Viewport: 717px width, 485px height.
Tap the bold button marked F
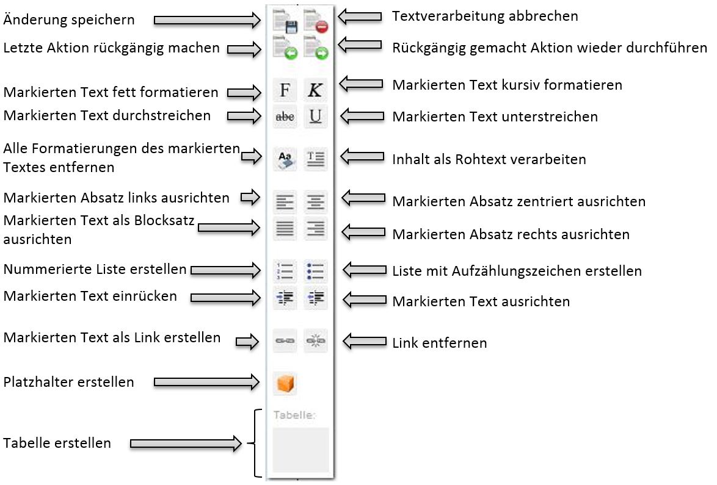pyautogui.click(x=285, y=90)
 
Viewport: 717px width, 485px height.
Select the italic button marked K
pyautogui.click(x=315, y=90)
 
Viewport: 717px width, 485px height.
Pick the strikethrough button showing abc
pyautogui.click(x=285, y=116)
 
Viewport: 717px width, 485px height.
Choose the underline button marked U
pyautogui.click(x=315, y=116)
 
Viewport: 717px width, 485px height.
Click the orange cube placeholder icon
pyautogui.click(x=285, y=383)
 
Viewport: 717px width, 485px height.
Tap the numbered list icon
pyautogui.click(x=285, y=270)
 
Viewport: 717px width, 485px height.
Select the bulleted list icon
pyautogui.click(x=315, y=270)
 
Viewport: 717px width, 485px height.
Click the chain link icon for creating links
pyautogui.click(x=285, y=340)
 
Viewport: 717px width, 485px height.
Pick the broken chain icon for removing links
pyautogui.click(x=315, y=340)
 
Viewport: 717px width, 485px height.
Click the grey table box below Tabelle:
pyautogui.click(x=300, y=450)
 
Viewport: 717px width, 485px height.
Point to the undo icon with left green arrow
pyautogui.click(x=285, y=48)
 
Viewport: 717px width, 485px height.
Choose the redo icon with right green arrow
pyautogui.click(x=316, y=48)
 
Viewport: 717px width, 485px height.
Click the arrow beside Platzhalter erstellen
pyautogui.click(x=207, y=383)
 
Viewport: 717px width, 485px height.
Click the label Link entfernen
pyautogui.click(x=440, y=342)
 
